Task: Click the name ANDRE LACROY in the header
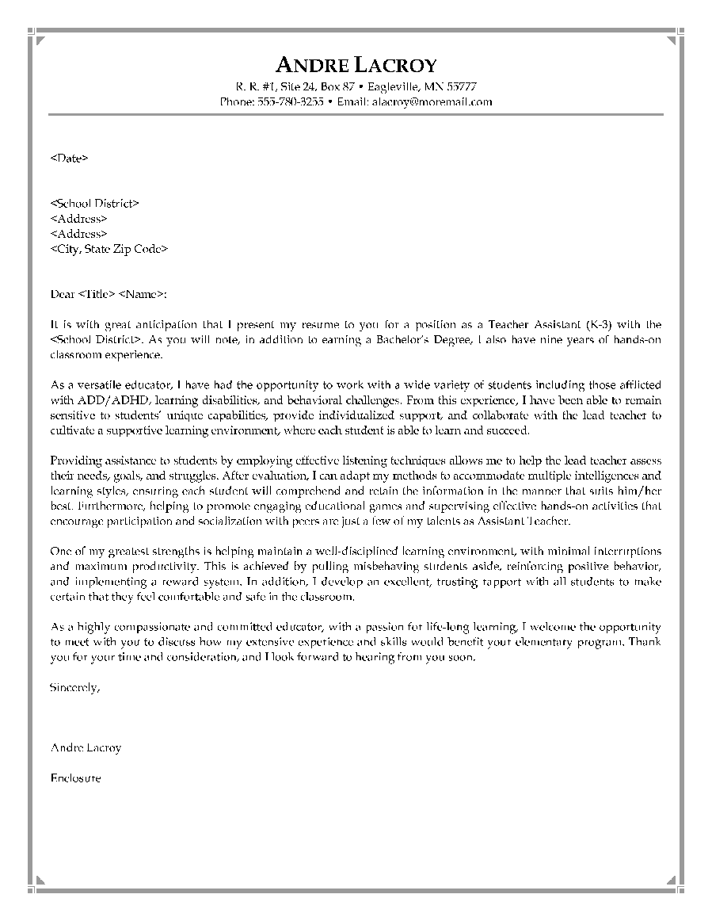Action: click(356, 66)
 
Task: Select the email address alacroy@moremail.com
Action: click(432, 102)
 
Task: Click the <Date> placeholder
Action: click(69, 159)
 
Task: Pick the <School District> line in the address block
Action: click(94, 204)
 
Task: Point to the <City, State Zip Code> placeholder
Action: click(109, 249)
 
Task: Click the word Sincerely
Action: click(74, 687)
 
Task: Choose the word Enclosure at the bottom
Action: click(75, 778)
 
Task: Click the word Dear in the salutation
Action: click(62, 295)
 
